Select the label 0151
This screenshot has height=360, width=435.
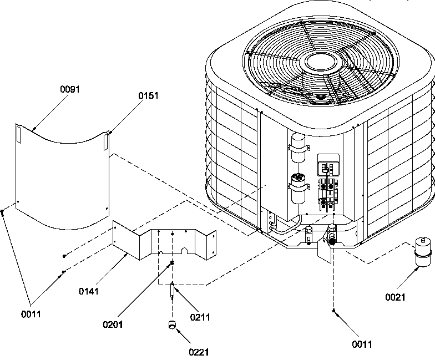(148, 95)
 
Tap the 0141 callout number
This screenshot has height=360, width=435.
(89, 291)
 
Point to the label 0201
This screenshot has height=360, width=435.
(113, 324)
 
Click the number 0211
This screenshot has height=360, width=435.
(200, 317)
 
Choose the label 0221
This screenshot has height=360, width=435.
(200, 351)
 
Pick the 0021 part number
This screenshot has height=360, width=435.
(396, 297)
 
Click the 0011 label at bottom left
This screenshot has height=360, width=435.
(31, 315)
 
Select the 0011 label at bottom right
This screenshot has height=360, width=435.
(361, 344)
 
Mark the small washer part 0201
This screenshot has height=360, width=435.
(173, 262)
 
